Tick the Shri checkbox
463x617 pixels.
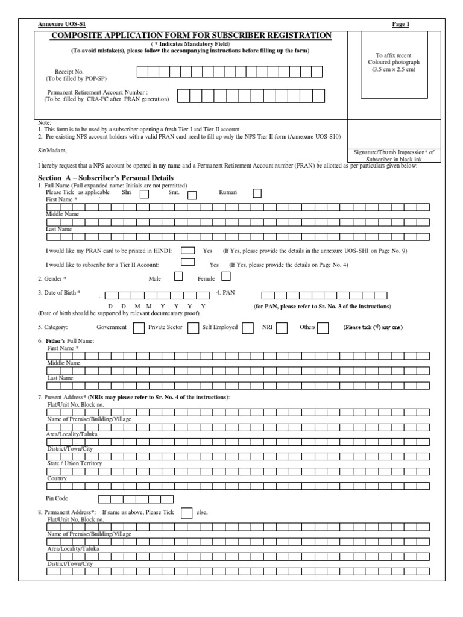point(145,194)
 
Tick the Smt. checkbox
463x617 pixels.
point(192,195)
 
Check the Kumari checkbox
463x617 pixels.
point(257,193)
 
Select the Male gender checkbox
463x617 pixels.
point(178,277)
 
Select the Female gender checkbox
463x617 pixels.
point(226,277)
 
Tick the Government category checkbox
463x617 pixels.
point(138,328)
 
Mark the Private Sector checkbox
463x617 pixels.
point(193,328)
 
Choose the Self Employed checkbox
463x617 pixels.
point(248,328)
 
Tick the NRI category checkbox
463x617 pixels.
point(282,328)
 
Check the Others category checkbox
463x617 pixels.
point(323,328)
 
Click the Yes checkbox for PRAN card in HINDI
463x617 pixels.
point(188,250)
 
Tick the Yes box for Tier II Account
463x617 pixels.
point(188,262)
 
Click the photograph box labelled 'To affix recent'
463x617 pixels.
point(394,63)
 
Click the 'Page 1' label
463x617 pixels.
point(401,25)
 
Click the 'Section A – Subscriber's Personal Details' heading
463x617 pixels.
point(106,178)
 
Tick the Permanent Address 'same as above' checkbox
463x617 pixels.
point(187,512)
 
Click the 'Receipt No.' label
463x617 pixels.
point(69,72)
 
